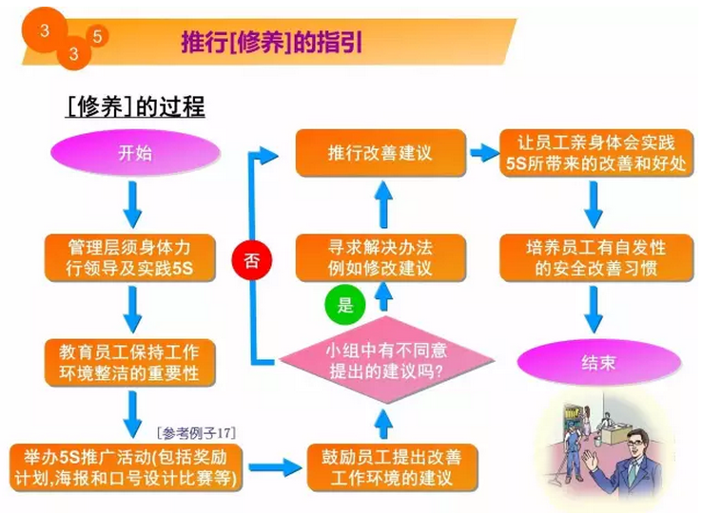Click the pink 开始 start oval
(135, 153)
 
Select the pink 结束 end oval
(598, 363)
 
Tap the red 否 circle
(251, 259)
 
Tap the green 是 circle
(345, 304)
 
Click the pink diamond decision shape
(387, 360)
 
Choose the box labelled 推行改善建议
(381, 153)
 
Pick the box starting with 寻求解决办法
(381, 257)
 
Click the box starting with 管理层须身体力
(130, 257)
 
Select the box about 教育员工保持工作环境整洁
(130, 362)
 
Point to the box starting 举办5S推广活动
(126, 467)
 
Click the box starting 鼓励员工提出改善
(392, 467)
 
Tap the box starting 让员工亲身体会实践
(596, 153)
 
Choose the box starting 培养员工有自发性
(596, 257)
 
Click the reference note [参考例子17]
(196, 432)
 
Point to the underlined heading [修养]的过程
(135, 107)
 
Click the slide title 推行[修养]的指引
(272, 43)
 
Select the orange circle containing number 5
(97, 36)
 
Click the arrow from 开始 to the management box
(132, 204)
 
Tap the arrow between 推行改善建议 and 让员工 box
(484, 153)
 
